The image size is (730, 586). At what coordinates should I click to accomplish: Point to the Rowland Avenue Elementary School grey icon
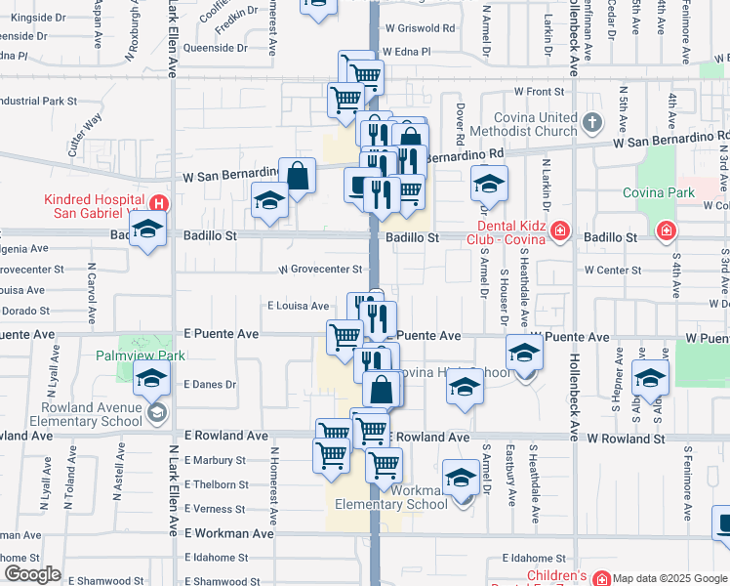tap(156, 414)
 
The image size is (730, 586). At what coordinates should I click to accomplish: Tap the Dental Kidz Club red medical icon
tap(559, 230)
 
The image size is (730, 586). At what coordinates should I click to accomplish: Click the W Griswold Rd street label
tap(421, 29)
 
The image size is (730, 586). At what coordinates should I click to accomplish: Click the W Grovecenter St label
tap(320, 269)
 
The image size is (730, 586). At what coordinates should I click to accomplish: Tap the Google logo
tap(32, 574)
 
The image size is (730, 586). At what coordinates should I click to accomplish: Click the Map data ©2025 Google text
tap(669, 577)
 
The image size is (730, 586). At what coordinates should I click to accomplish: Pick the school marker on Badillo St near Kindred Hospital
tap(147, 230)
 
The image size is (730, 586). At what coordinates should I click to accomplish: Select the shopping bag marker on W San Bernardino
tap(298, 177)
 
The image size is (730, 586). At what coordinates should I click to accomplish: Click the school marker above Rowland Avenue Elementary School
tap(151, 379)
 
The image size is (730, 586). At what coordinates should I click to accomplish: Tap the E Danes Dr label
tap(210, 385)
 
